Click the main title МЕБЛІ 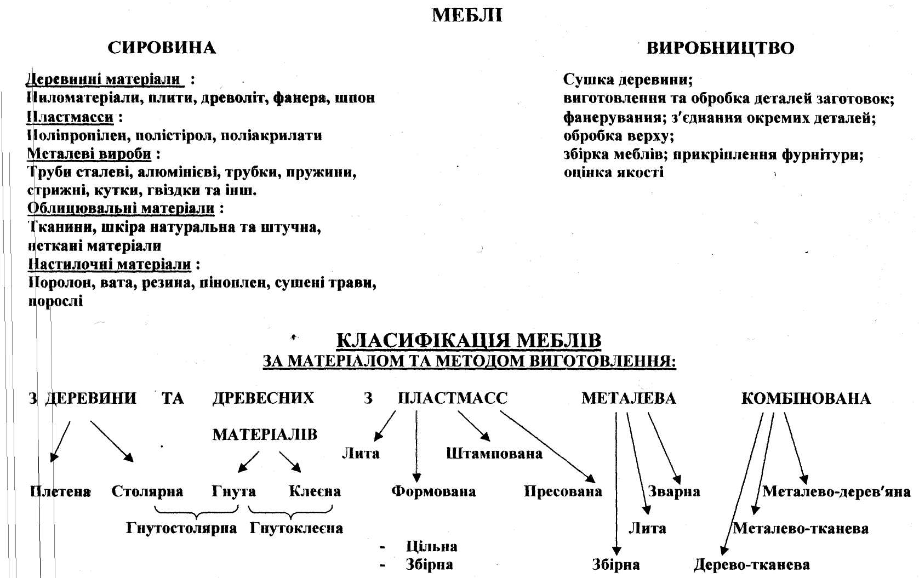tap(467, 16)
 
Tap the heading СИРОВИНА tap(162, 48)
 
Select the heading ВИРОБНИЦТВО tap(720, 48)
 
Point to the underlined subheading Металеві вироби tap(89, 154)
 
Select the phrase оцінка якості tap(613, 173)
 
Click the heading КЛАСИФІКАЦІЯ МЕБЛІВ tap(469, 341)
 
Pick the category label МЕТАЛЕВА tap(629, 398)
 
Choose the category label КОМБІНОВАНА tap(806, 398)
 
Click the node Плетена tap(60, 491)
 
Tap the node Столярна tap(147, 491)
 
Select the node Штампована tap(494, 454)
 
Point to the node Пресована tap(563, 491)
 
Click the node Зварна tap(674, 491)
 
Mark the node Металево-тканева tap(801, 529)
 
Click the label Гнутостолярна tap(181, 529)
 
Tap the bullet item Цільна tap(431, 547)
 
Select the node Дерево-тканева tap(751, 565)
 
